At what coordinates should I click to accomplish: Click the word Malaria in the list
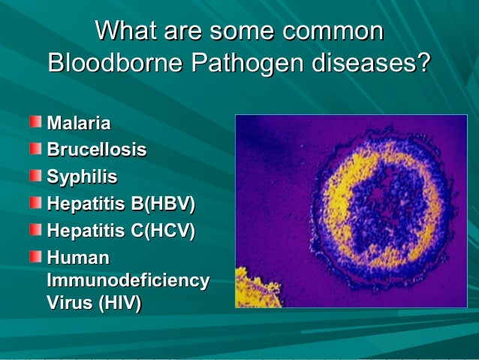pos(79,123)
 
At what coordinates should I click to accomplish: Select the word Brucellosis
pos(97,150)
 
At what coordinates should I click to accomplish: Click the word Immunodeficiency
pos(128,280)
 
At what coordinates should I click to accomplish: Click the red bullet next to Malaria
pos(36,121)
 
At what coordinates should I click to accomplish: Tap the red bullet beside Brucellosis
pos(36,148)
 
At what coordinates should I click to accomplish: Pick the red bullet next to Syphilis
pos(36,175)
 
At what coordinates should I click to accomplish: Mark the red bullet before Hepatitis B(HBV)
pos(36,201)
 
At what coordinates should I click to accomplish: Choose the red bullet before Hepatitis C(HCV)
pos(36,228)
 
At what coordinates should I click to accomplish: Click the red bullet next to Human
pos(36,256)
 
